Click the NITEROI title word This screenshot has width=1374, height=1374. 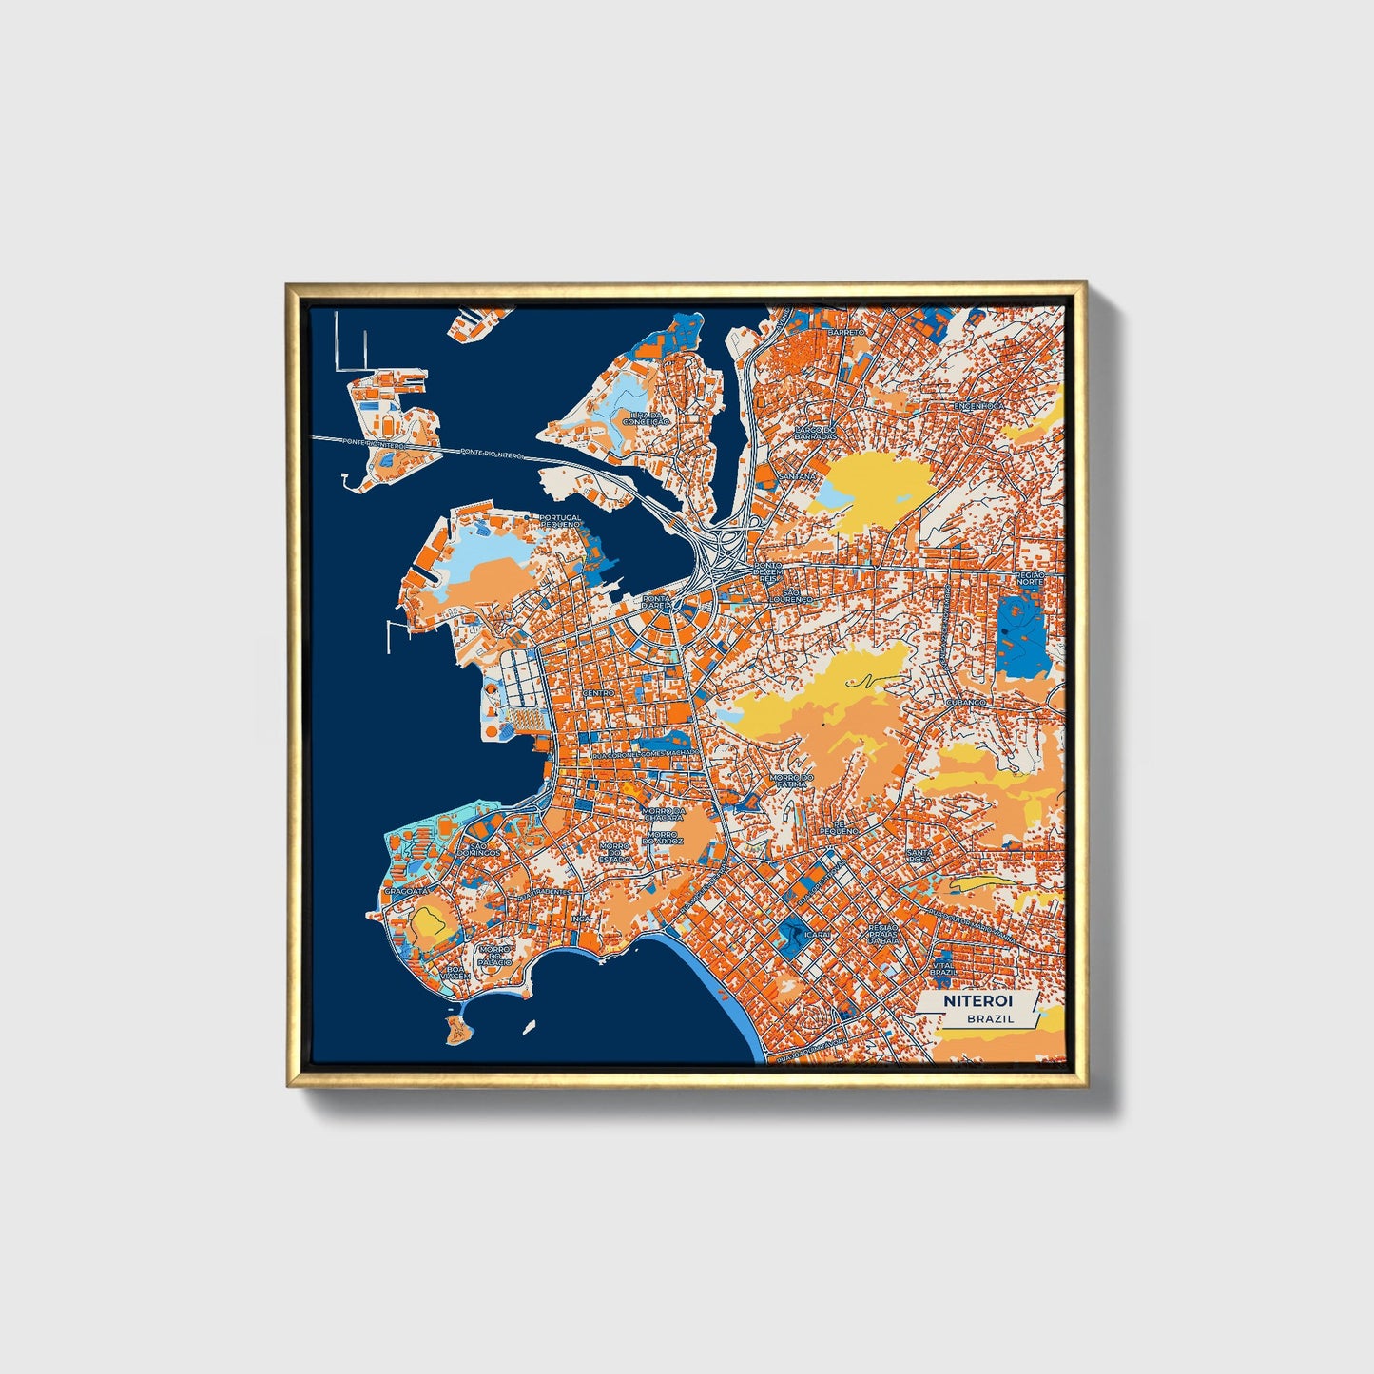[977, 1001]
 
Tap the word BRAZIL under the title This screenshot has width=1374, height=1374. [990, 1018]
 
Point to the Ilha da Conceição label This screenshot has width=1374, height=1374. [647, 418]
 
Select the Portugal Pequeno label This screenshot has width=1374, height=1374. [560, 521]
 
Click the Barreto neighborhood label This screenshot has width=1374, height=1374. [846, 332]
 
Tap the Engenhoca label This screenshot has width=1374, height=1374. [978, 405]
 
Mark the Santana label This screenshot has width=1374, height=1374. [797, 475]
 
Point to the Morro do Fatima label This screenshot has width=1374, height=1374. [790, 781]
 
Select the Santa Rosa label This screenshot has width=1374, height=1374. [919, 856]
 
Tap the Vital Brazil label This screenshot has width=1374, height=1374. [943, 968]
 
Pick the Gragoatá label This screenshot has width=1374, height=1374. [405, 891]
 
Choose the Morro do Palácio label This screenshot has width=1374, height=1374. [495, 955]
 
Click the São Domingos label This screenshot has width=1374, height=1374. [478, 849]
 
